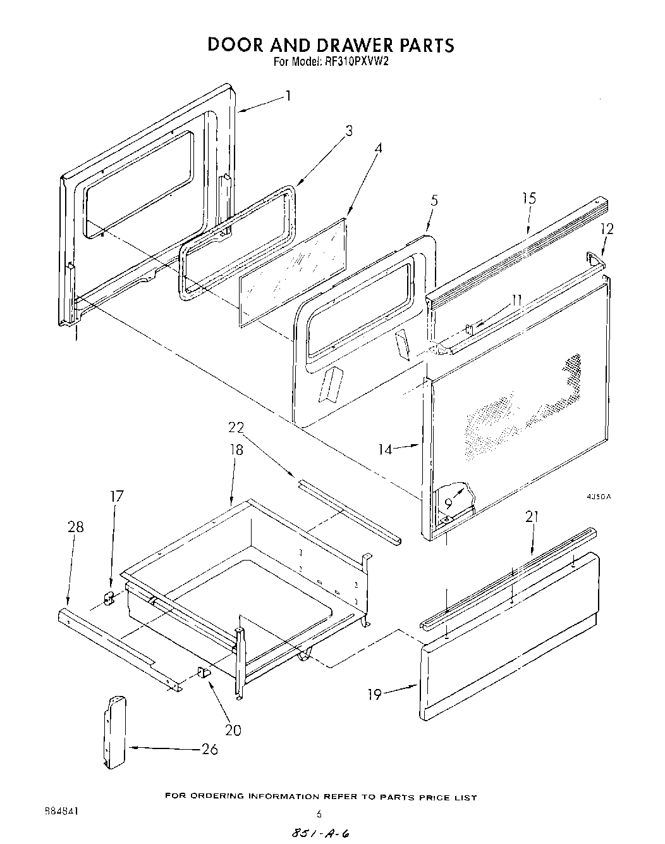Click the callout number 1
(x=288, y=96)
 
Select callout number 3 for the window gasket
(x=348, y=131)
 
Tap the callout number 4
(x=378, y=149)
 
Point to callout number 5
(x=434, y=201)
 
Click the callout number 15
(x=528, y=198)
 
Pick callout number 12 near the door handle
(x=606, y=229)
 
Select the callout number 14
(x=386, y=449)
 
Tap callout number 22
(x=236, y=427)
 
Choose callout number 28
(x=75, y=527)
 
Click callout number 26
(x=209, y=749)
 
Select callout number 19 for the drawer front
(x=375, y=694)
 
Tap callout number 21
(x=532, y=517)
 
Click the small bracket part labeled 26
(x=115, y=731)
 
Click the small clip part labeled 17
(x=108, y=597)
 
